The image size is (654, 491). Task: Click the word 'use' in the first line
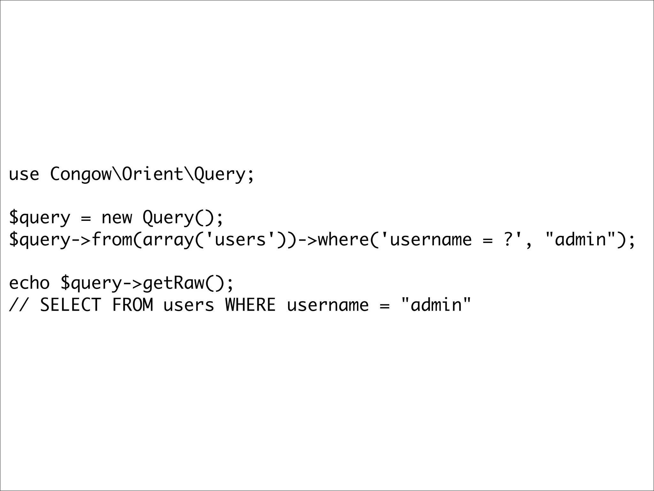pos(24,175)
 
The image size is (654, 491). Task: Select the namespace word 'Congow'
pos(80,175)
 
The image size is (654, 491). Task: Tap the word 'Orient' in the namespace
pos(152,175)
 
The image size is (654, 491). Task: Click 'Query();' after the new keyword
pos(182,218)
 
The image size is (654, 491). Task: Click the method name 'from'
pos(111,239)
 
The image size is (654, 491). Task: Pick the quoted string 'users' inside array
pos(240,239)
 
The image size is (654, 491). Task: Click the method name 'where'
pos(343,239)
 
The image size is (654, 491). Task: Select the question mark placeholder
pos(508,239)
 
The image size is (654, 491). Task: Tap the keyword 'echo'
pos(29,283)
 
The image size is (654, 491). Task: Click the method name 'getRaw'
pos(173,283)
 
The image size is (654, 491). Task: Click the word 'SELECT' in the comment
pos(70,305)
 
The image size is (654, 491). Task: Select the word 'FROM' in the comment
pos(132,305)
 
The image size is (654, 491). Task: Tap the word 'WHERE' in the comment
pos(250,305)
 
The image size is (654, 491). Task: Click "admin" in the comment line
pos(436,305)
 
